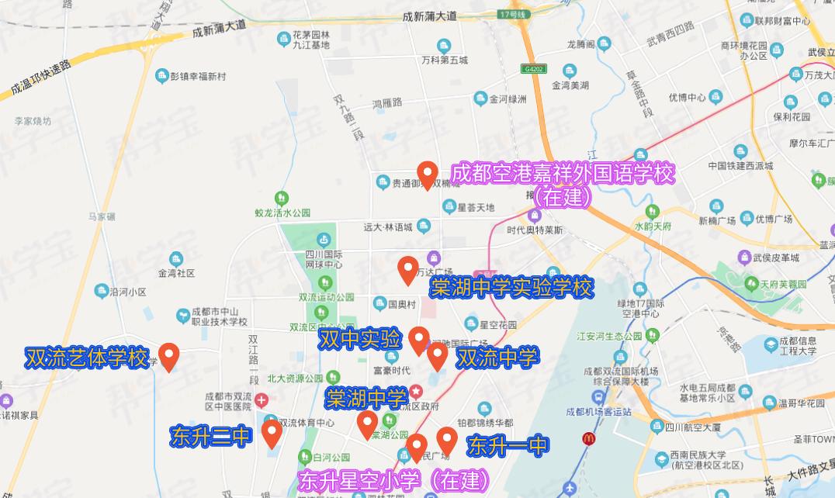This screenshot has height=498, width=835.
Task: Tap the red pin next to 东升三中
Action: [x=271, y=432]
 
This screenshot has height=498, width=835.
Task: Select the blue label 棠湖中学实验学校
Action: [x=511, y=289]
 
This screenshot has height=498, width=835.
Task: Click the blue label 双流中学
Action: [x=497, y=358]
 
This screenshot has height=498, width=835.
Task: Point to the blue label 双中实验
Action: [x=359, y=339]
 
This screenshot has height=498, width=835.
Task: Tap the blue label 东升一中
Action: [x=508, y=445]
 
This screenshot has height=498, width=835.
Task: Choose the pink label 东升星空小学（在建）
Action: [x=393, y=480]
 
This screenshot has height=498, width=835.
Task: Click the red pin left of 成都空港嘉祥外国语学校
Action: [x=427, y=175]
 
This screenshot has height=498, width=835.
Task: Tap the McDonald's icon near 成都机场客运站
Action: [x=588, y=439]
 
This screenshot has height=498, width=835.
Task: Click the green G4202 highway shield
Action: [x=534, y=68]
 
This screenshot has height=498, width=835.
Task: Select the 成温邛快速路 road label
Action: [x=40, y=79]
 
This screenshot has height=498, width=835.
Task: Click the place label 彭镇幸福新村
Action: [x=197, y=76]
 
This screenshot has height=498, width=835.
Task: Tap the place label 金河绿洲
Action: [x=508, y=99]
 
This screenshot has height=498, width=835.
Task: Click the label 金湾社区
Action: [x=176, y=273]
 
